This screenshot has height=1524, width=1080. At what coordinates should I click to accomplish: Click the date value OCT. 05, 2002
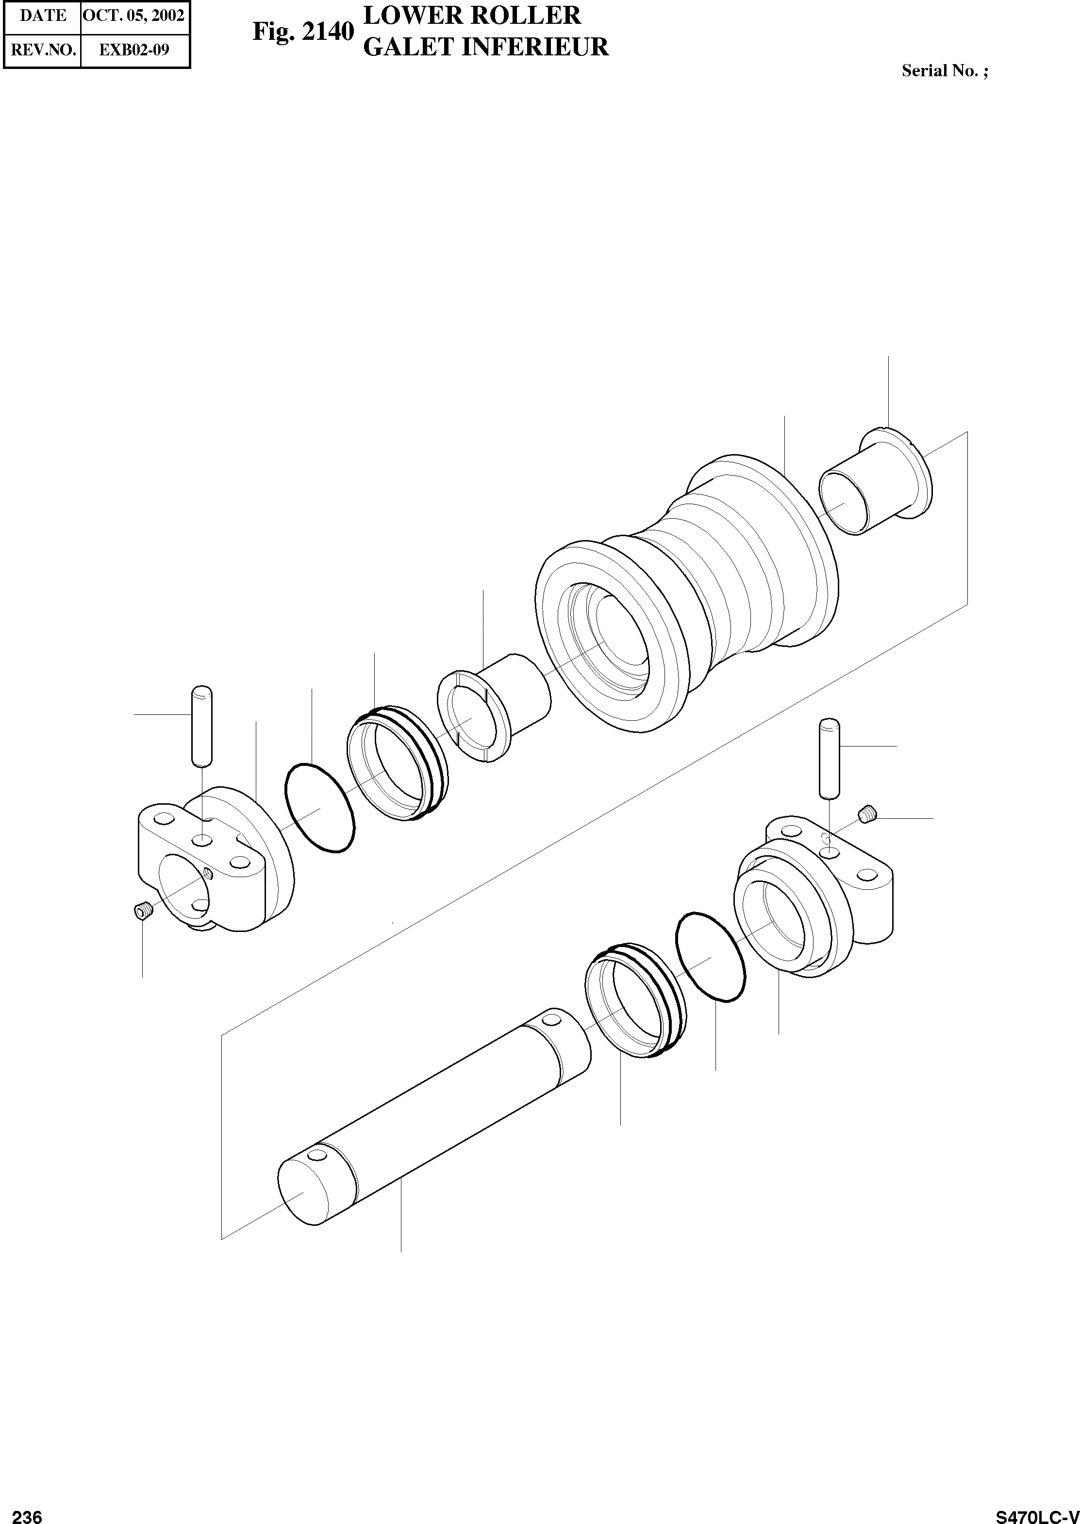point(133,16)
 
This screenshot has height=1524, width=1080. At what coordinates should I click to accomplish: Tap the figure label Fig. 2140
point(302,32)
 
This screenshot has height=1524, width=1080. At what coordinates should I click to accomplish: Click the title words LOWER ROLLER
point(472,15)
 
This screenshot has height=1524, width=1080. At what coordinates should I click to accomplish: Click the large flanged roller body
point(685,592)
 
